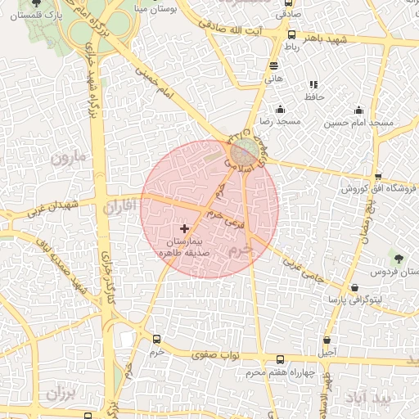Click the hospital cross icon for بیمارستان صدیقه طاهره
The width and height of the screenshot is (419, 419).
coord(184,228)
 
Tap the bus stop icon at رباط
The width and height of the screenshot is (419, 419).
coord(292,34)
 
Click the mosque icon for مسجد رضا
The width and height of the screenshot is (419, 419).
coord(281,110)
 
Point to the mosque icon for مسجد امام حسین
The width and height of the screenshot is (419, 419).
coord(358,110)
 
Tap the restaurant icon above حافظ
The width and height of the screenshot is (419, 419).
coord(313,84)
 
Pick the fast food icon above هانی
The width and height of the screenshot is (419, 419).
coord(273,66)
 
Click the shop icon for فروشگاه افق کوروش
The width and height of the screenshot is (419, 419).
coord(377,176)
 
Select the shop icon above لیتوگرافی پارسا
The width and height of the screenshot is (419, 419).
coord(354,287)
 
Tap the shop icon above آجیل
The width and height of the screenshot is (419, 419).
coord(327,340)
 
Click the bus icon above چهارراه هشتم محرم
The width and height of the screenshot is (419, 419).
coord(281,360)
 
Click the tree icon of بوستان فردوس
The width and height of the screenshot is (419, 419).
coord(399,258)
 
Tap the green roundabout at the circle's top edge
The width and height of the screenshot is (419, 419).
coord(243,151)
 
